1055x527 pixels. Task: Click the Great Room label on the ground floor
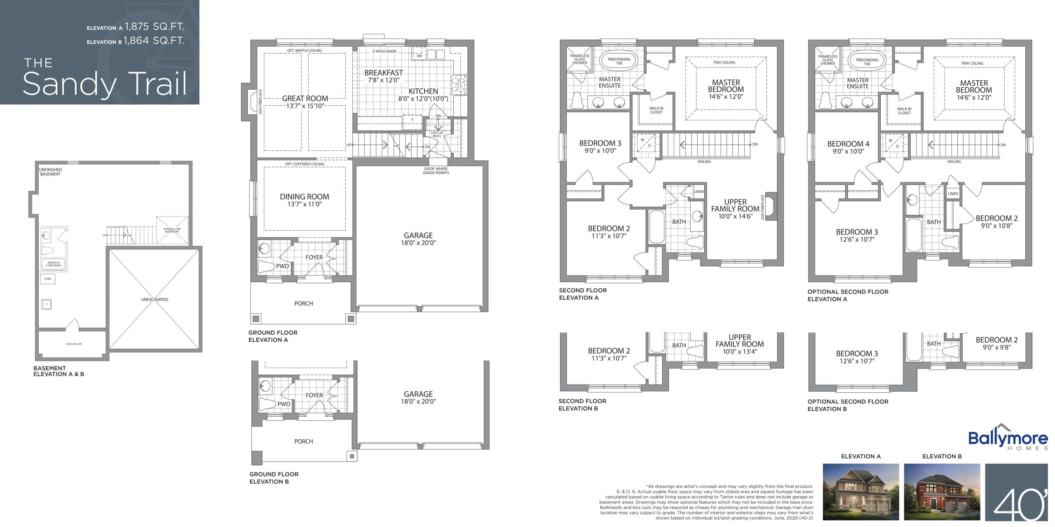click(305, 98)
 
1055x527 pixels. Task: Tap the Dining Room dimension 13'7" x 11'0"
click(304, 204)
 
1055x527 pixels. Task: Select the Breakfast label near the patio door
click(383, 73)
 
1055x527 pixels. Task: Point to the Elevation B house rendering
click(942, 492)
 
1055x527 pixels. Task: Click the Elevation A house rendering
click(860, 492)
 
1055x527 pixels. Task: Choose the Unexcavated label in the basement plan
click(155, 299)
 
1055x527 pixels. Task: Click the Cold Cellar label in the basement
click(73, 344)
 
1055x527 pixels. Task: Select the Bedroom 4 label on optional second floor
click(848, 144)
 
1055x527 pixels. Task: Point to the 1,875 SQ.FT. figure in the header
click(155, 27)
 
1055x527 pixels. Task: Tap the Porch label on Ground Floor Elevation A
click(303, 303)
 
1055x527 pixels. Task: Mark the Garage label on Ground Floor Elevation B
click(418, 394)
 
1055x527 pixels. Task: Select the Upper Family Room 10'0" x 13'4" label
click(739, 344)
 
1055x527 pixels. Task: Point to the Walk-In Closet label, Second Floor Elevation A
click(656, 110)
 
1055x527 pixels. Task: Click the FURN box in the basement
click(48, 279)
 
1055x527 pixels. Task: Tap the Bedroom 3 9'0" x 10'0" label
click(600, 147)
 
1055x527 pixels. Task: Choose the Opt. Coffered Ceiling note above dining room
click(305, 164)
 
